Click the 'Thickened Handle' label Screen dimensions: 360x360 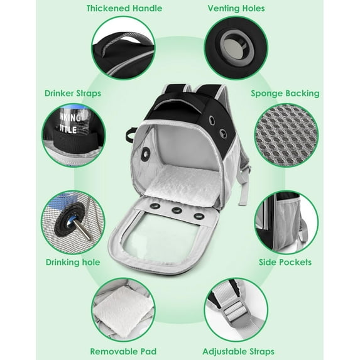point(124,9)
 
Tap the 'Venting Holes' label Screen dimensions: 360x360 point(236,9)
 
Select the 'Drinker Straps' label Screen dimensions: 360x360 point(73,94)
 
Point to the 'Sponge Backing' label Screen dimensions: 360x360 point(285,94)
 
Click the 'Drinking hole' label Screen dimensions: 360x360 point(73,262)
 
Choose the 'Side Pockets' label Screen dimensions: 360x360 point(285,262)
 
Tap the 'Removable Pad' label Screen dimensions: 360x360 point(123,351)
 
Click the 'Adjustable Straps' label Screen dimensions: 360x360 point(238,351)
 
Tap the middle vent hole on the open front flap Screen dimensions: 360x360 point(177,210)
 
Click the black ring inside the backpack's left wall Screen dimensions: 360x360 point(146,153)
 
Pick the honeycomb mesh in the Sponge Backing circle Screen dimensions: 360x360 point(286,135)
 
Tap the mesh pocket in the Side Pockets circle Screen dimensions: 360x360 point(288,221)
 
